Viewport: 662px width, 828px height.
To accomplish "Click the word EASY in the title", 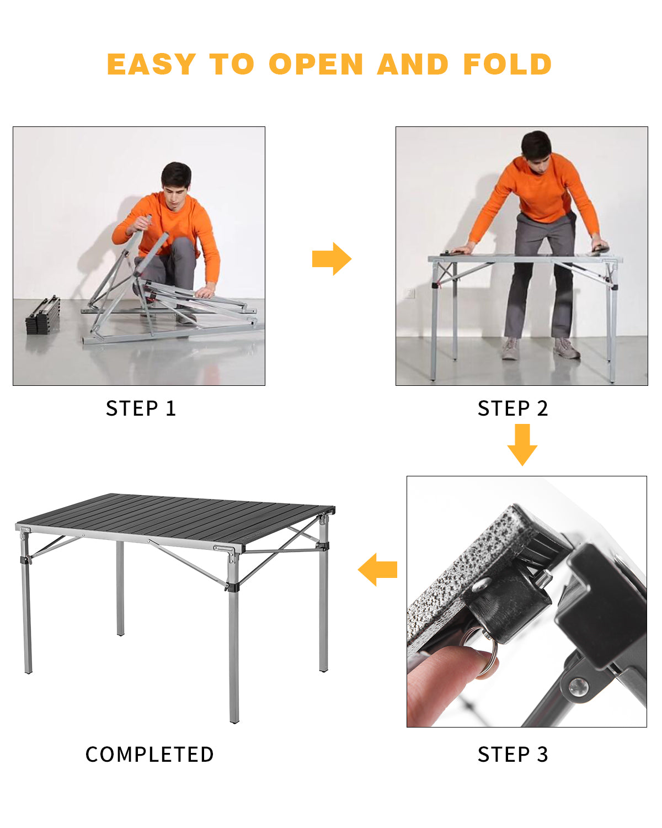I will pos(151,64).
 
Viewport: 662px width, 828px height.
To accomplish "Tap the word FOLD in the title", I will pos(507,64).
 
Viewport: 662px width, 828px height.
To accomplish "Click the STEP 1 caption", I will pos(141,408).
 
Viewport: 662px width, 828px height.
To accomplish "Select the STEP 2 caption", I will pos(512,408).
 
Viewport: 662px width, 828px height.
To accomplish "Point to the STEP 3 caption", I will pos(512,754).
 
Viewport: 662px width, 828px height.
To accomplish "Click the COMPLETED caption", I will pos(150,754).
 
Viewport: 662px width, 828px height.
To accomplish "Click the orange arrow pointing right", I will pos(332,258).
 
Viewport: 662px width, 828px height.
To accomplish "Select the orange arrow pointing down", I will pos(522,444).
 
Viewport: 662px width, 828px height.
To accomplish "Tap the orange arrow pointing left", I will pos(378,569).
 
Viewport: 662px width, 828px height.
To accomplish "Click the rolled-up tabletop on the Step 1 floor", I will pos(43,315).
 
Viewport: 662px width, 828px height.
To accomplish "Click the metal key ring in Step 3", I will pos(483,654).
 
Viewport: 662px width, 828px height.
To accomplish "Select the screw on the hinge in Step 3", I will pos(578,686).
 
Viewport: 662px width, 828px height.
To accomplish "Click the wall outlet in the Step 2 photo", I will pos(409,293).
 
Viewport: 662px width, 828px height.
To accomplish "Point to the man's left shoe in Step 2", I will pos(567,348).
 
